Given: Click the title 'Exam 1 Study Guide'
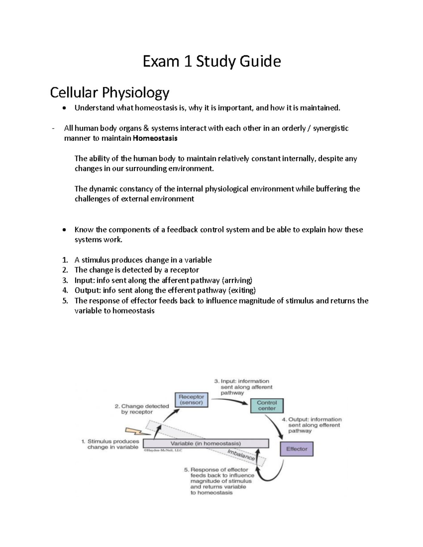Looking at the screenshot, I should tap(211, 62).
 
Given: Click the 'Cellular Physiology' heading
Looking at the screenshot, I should tap(110, 93).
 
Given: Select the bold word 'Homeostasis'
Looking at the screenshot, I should tap(155, 138).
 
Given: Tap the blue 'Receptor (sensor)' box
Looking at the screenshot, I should tap(191, 399).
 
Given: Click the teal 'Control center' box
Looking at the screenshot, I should tap(267, 405).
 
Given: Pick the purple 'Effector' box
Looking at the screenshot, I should tap(296, 449).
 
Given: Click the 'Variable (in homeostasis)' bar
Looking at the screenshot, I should tap(206, 443).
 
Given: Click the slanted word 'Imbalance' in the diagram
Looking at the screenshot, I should tap(241, 455).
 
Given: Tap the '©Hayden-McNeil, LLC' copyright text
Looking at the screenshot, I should tap(163, 450).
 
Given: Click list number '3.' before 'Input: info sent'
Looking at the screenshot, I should tap(65, 280).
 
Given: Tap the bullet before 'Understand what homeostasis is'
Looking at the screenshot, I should tap(63, 108).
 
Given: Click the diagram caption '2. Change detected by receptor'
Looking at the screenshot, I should tap(142, 409).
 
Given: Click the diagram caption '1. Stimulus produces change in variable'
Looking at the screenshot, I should tap(110, 444).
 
